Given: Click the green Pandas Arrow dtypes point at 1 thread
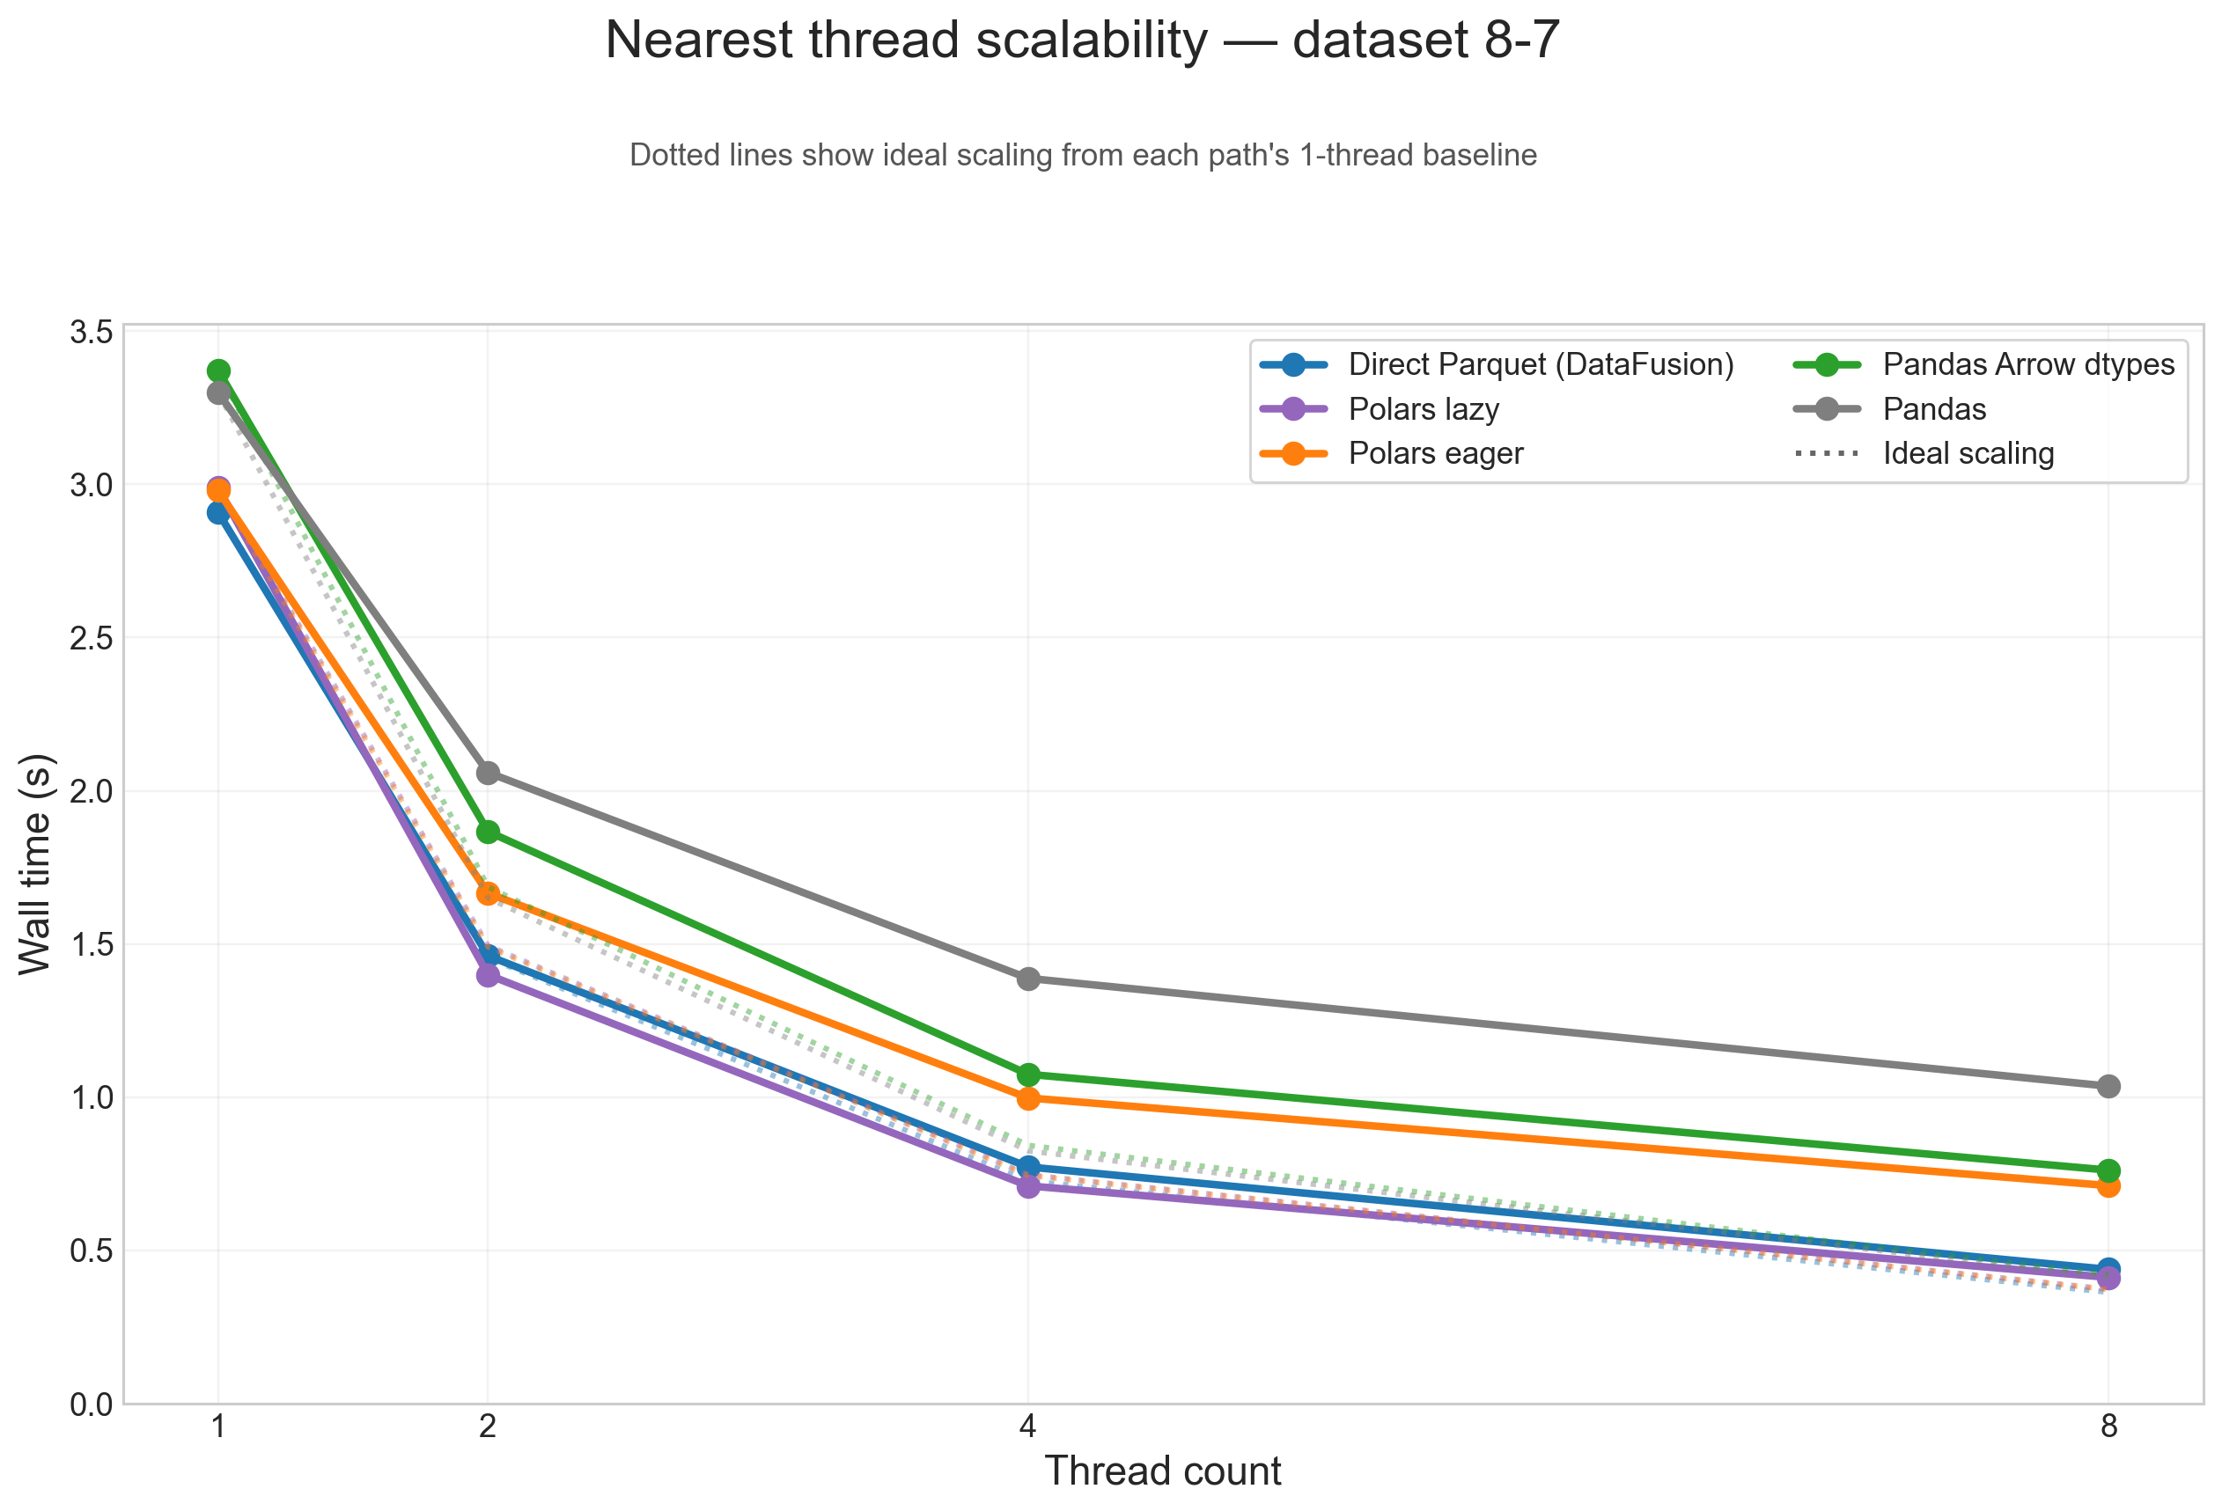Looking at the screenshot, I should (x=219, y=370).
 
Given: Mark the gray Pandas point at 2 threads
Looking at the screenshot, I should (x=488, y=773).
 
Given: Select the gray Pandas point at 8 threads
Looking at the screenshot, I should (x=2108, y=1086).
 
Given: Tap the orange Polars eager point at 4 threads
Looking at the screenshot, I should (x=1028, y=1098).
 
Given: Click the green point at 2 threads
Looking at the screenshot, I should (x=488, y=832).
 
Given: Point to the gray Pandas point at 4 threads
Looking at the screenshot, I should (x=1028, y=979).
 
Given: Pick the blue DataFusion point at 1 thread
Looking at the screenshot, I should (x=219, y=512).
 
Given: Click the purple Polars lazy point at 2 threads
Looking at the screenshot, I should (x=488, y=975).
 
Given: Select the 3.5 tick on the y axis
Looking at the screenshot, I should (x=91, y=332).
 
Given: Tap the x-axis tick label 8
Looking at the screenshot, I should (x=2108, y=1427).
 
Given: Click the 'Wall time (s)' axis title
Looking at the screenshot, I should (x=36, y=864).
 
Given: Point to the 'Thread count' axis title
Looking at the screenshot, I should (x=1163, y=1471).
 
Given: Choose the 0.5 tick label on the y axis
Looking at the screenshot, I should (x=91, y=1251).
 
